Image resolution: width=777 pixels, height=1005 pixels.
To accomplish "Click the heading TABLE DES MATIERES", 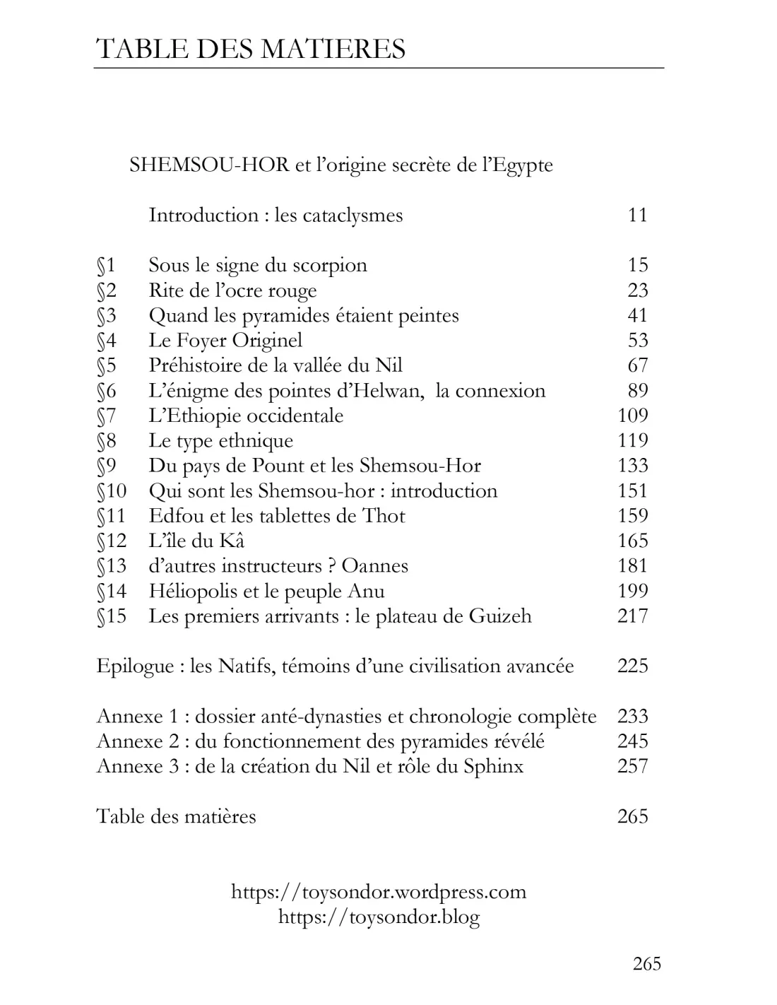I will point(250,49).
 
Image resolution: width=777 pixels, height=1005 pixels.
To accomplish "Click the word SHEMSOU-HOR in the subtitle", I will point(209,165).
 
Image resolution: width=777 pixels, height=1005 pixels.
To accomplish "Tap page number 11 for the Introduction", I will point(637,215).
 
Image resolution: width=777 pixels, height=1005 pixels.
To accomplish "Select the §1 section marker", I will point(106,266).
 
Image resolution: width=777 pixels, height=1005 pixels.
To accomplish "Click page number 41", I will point(637,315).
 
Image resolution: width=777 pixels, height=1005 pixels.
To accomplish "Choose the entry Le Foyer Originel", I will point(225,341).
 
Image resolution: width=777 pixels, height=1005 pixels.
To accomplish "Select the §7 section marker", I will point(106,416).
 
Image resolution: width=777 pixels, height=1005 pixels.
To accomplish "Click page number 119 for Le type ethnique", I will point(632,440).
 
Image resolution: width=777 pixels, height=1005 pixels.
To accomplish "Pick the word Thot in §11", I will point(384,516).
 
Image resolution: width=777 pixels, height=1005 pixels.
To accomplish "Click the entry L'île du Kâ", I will point(196,541).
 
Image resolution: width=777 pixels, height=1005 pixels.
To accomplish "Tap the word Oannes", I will point(374,566).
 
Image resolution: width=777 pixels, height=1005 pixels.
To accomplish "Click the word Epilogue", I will point(135,666).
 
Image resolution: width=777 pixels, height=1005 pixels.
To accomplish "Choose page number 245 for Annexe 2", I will point(632,741).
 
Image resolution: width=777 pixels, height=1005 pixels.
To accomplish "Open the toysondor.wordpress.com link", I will point(379,892).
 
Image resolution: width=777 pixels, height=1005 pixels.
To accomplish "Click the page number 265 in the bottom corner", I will point(646,964).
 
